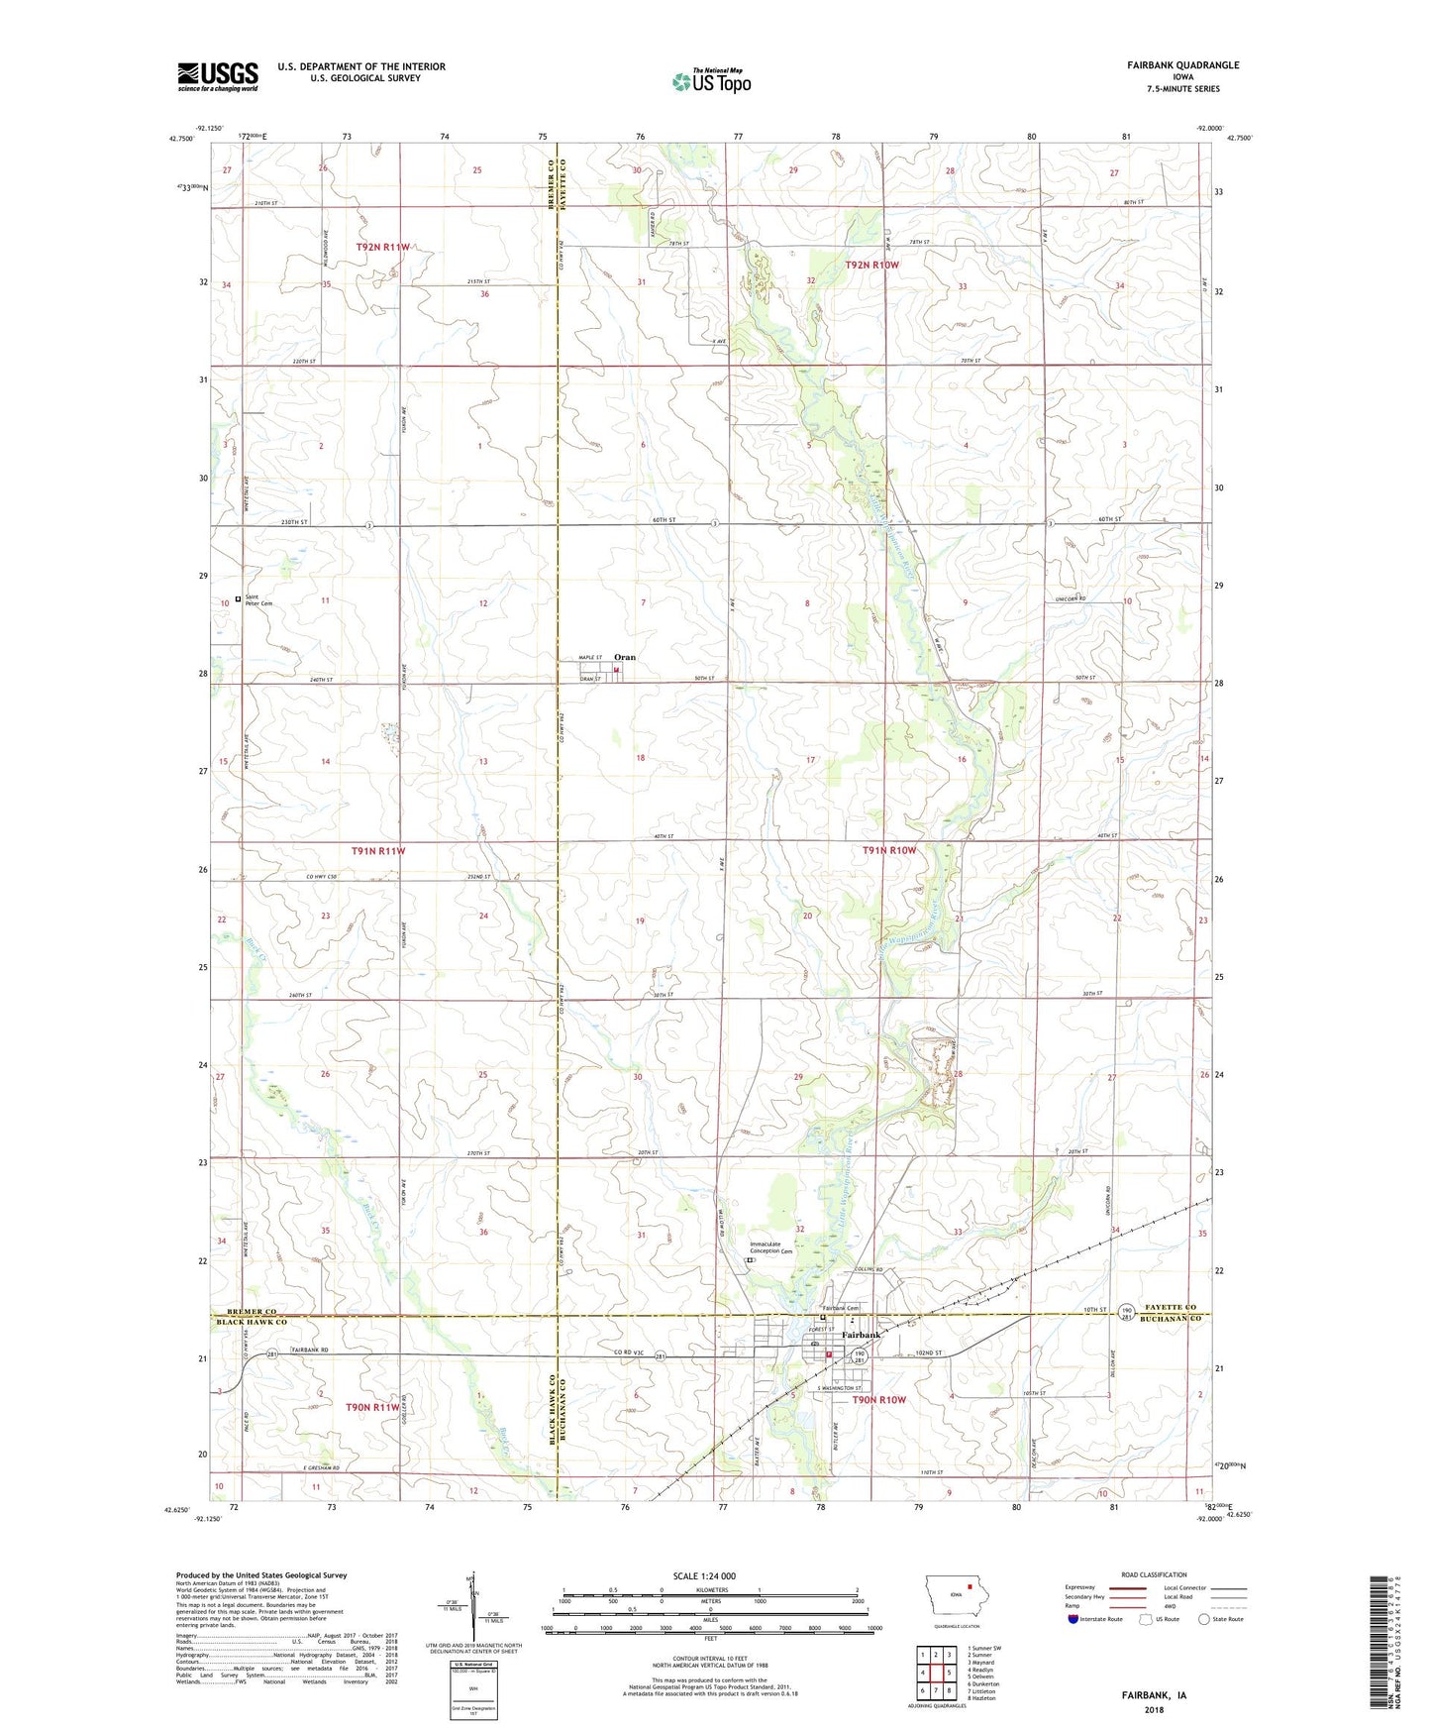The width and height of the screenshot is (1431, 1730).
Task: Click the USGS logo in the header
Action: point(218,76)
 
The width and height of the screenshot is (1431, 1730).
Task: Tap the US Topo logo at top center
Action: point(710,81)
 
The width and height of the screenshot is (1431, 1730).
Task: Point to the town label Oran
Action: point(625,657)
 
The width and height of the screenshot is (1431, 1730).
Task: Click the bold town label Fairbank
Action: point(860,1335)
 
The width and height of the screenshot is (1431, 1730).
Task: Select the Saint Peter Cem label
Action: point(258,599)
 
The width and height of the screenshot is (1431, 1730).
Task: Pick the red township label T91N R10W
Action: point(888,850)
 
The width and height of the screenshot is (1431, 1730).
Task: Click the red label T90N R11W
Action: point(372,1406)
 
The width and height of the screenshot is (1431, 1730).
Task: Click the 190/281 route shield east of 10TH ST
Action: point(1127,1313)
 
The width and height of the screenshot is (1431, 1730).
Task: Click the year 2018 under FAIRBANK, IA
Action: point(1154,1709)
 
